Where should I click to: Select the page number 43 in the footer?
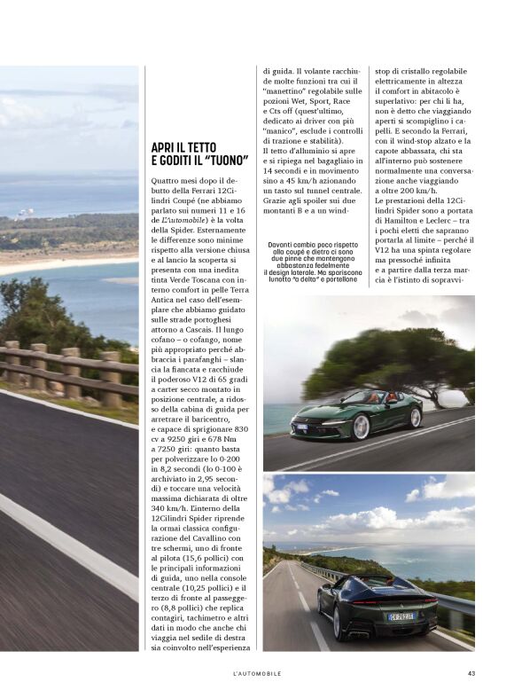pos(471,673)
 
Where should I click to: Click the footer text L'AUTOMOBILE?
pos(257,673)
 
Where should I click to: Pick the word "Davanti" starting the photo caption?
pos(281,246)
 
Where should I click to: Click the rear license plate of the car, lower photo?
pos(401,616)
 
